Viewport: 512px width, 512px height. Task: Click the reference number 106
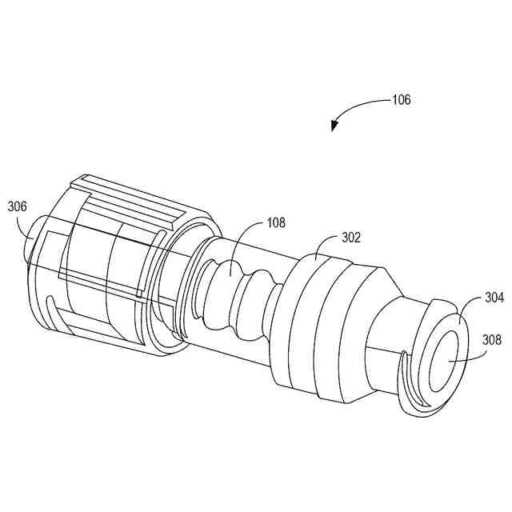[x=401, y=100]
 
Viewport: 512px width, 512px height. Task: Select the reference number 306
[x=18, y=206]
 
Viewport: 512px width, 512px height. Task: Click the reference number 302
[x=350, y=238]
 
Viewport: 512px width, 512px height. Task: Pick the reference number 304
[x=494, y=298]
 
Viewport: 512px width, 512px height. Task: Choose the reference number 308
[x=492, y=340]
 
